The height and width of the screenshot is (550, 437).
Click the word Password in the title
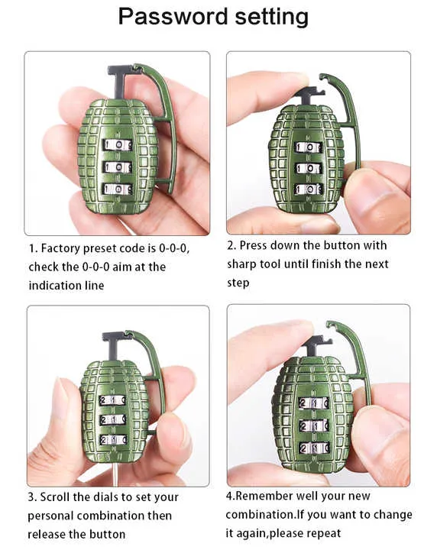pyautogui.click(x=173, y=16)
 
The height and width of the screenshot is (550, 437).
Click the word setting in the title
pyautogui.click(x=272, y=17)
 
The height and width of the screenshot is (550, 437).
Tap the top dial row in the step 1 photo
pyautogui.click(x=117, y=145)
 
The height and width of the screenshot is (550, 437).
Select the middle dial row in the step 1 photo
pyautogui.click(x=117, y=167)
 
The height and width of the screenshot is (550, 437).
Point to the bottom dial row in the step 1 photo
pyautogui.click(x=117, y=189)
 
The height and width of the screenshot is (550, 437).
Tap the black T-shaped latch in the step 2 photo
pyautogui.click(x=309, y=95)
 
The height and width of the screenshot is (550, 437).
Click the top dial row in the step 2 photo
pyautogui.click(x=309, y=147)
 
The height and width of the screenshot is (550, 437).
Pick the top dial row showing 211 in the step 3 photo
pyautogui.click(x=112, y=400)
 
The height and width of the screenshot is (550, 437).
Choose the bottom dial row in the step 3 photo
pyautogui.click(x=112, y=439)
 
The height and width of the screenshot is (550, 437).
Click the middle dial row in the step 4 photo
pyautogui.click(x=314, y=425)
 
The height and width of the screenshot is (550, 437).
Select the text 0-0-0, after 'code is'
pyautogui.click(x=174, y=249)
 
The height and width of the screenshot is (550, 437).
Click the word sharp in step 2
pyautogui.click(x=241, y=264)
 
